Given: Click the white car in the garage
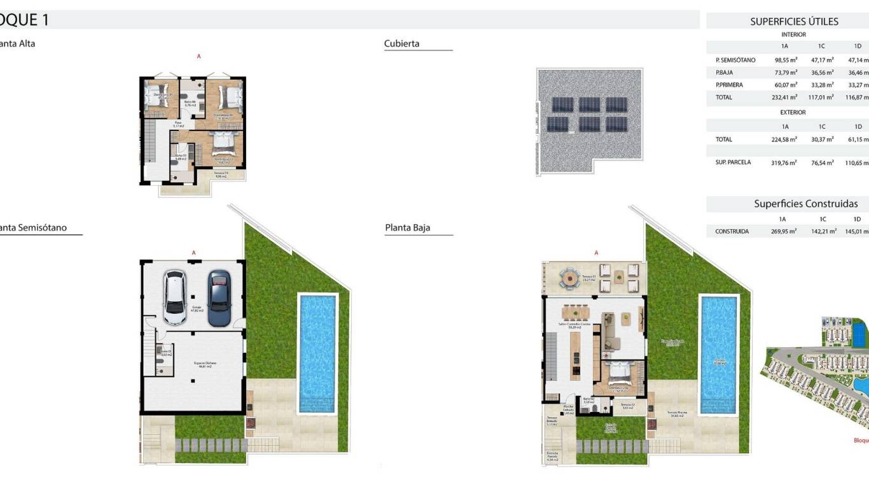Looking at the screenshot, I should click(174, 297).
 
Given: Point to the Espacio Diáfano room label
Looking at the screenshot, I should click(205, 364).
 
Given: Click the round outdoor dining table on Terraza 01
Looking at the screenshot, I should click(567, 278).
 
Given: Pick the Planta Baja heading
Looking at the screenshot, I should click(408, 228).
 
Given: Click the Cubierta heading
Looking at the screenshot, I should click(402, 44).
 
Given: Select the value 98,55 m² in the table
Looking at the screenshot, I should click(786, 60).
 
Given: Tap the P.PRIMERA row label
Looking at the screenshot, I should click(729, 85).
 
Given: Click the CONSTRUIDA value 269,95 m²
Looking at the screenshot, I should click(784, 232).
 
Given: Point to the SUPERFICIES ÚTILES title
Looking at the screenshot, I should click(794, 22).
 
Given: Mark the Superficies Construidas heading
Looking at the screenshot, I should click(805, 204).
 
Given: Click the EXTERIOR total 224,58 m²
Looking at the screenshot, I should click(786, 139).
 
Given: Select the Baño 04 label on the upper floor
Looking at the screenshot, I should click(190, 103).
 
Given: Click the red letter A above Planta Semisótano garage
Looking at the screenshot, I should click(193, 253).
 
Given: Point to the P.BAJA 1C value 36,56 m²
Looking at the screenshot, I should click(821, 73).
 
